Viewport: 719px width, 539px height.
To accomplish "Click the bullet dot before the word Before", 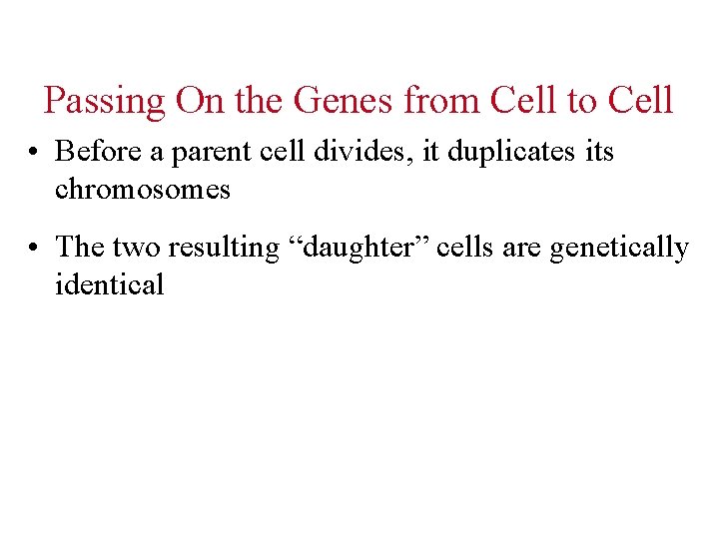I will click(x=35, y=153).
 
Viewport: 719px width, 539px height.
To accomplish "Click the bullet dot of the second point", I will click(x=35, y=247).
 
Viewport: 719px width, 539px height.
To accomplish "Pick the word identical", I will click(x=109, y=283).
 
